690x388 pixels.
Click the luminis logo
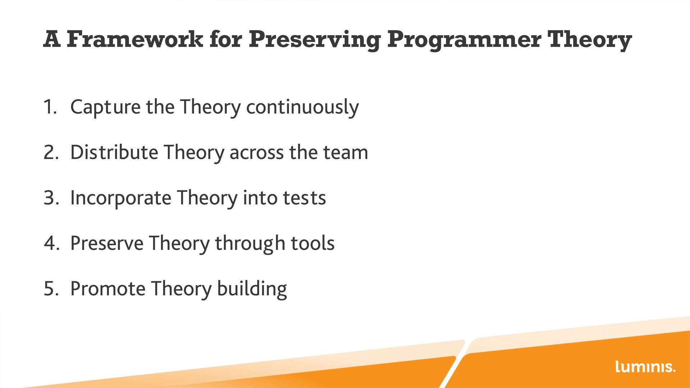click(x=645, y=366)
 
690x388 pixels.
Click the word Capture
click(x=105, y=107)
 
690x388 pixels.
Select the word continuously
click(x=302, y=107)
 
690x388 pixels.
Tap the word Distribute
click(x=114, y=152)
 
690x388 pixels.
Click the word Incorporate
click(x=121, y=198)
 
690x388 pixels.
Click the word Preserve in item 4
click(x=107, y=243)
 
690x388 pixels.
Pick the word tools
click(x=313, y=243)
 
